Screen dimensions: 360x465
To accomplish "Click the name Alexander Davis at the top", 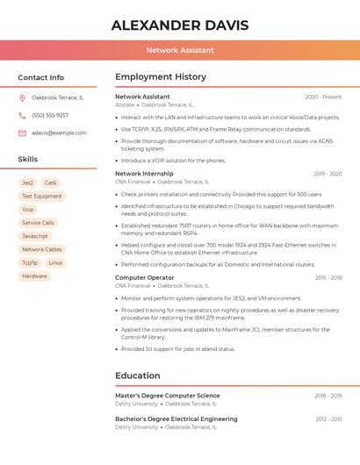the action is (x=180, y=25).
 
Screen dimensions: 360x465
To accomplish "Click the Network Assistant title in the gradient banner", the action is (x=180, y=50).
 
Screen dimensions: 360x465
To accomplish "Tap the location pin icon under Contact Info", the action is (x=22, y=98).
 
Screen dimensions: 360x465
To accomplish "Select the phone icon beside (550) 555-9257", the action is (x=22, y=116).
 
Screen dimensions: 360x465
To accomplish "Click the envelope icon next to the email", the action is (x=22, y=133).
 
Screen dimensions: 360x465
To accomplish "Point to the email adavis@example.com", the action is (x=59, y=133).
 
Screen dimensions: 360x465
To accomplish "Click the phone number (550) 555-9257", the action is (x=50, y=116).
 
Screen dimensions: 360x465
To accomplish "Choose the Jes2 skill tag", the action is (x=28, y=183).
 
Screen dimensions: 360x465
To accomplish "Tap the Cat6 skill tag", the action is (x=50, y=183).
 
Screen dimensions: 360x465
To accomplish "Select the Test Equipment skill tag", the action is (x=41, y=197).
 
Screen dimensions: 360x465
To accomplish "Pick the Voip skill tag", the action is (x=28, y=210).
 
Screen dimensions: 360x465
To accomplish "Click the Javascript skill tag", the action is (x=35, y=236).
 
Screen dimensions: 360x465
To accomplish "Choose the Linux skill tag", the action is (x=55, y=262).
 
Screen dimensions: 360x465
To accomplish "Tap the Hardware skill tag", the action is (x=34, y=276).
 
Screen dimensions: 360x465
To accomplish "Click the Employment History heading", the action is (x=161, y=77).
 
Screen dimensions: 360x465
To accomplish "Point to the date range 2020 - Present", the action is (x=323, y=97).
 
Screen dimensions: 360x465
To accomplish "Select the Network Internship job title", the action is (x=144, y=174).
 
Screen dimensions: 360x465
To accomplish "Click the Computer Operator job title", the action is (x=144, y=278).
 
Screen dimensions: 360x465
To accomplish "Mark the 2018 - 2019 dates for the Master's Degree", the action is (x=328, y=396).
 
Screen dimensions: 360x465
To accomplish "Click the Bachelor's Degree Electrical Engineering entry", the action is (x=176, y=419).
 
